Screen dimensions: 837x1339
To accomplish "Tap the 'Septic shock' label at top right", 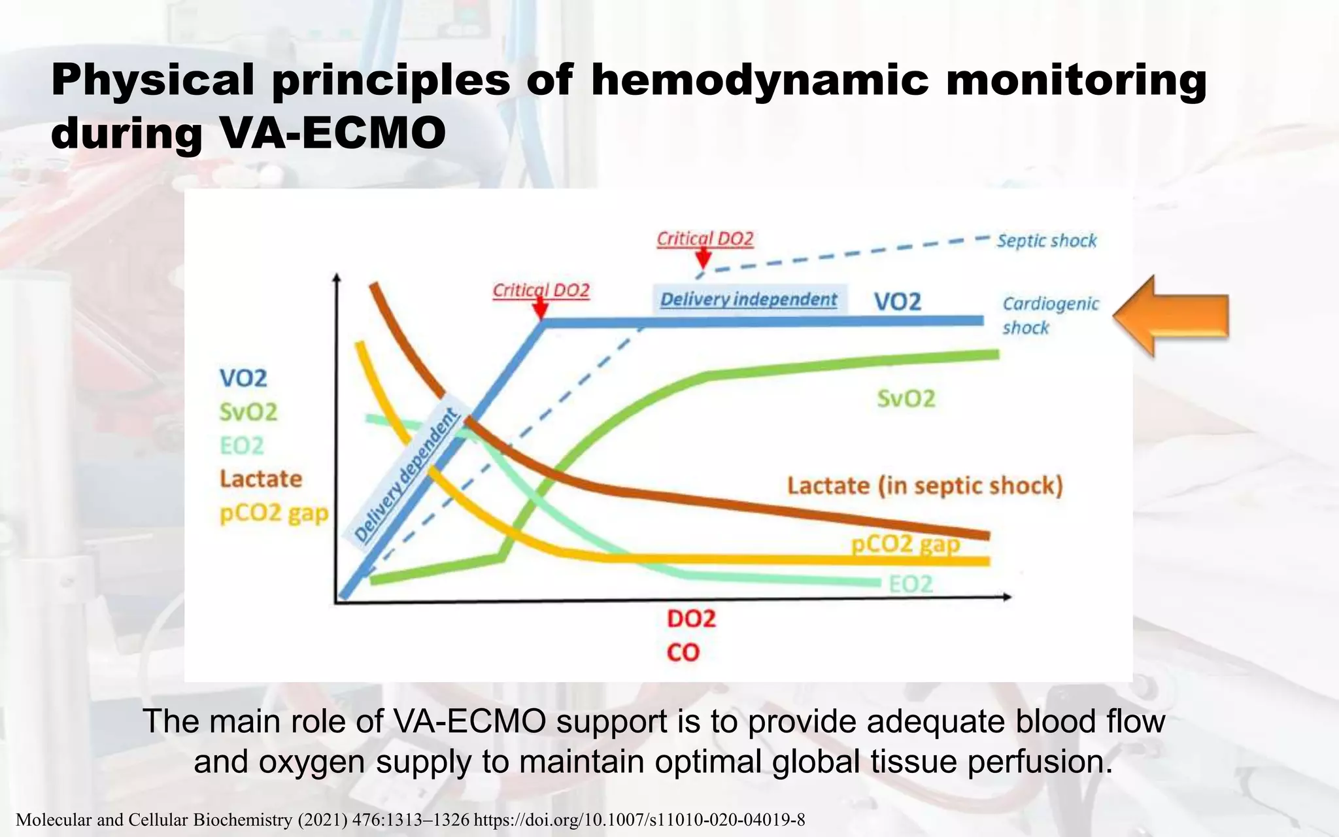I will tap(1046, 241).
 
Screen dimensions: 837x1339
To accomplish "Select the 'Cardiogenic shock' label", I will tap(1050, 315).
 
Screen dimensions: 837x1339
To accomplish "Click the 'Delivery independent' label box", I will tap(749, 299).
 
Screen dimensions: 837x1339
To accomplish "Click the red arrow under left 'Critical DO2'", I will tap(540, 307).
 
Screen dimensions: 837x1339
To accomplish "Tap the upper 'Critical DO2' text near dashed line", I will tap(705, 239).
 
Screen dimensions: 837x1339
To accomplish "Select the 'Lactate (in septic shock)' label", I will tap(924, 486).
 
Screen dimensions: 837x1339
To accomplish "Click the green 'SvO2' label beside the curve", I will tap(906, 398).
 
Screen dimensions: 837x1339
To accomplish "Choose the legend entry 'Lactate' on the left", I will tap(260, 479).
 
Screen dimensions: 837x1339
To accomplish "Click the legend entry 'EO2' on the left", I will tap(241, 445).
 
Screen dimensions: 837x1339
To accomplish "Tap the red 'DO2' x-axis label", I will tap(691, 619).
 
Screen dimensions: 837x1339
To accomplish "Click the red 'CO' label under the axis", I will tap(683, 652).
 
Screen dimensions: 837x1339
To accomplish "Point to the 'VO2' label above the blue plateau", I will tap(897, 301).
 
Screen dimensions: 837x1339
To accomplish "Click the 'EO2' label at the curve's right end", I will tap(911, 584).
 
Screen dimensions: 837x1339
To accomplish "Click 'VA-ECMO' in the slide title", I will tap(333, 133).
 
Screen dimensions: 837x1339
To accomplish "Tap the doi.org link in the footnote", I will tap(639, 820).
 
